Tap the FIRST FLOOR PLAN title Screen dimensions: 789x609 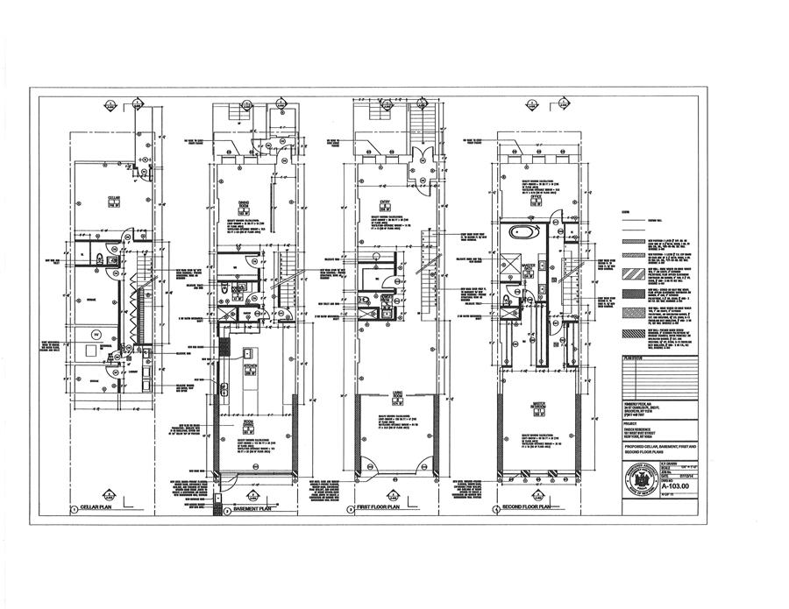pyautogui.click(x=380, y=508)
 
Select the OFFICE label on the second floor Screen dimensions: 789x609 pyautogui.click(x=530, y=197)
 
